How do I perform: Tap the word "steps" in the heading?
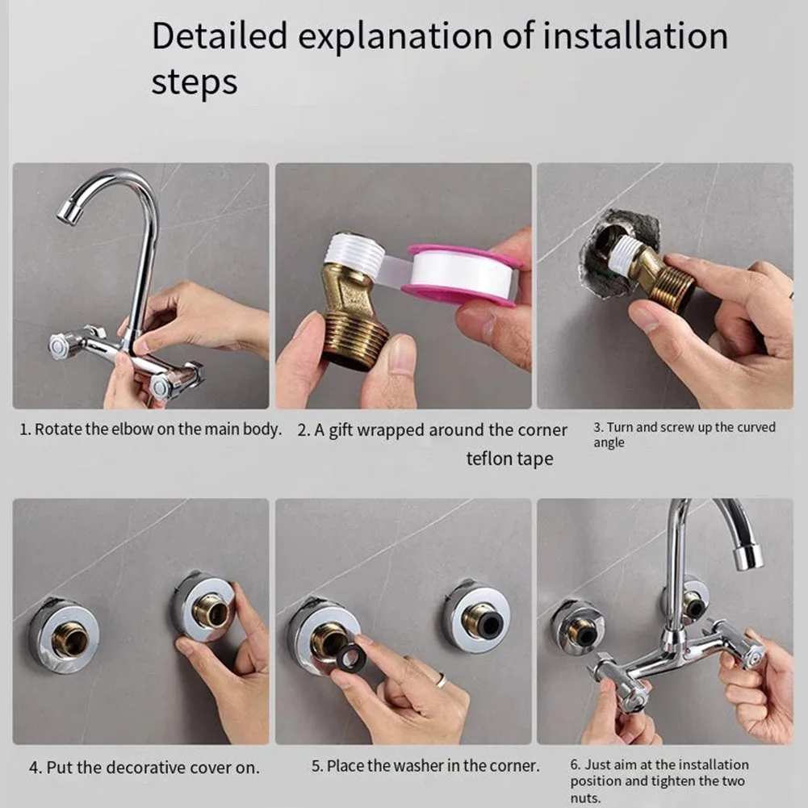tap(195, 83)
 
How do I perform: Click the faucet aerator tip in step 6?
tap(747, 556)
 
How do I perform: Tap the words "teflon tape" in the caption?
tap(509, 459)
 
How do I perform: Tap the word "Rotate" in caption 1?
tap(58, 429)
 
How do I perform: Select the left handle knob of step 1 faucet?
tap(61, 345)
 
